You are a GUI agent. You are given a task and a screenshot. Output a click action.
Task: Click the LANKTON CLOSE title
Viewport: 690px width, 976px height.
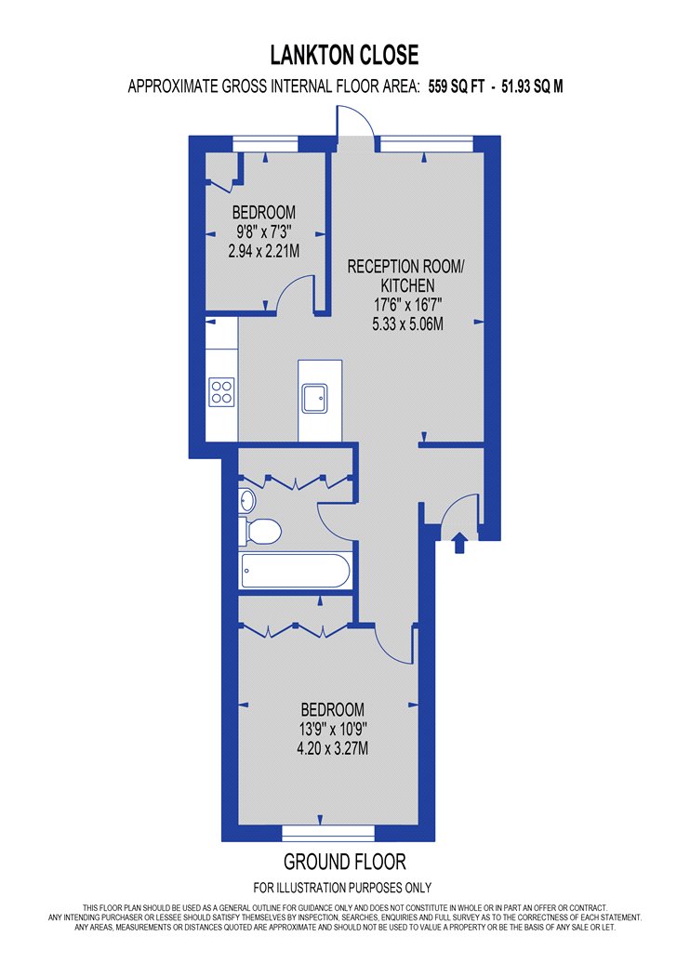click(344, 56)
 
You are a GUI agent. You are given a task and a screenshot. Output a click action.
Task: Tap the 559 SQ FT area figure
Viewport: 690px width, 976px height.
click(456, 86)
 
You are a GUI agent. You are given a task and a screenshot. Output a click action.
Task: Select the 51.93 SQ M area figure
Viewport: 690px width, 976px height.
click(532, 86)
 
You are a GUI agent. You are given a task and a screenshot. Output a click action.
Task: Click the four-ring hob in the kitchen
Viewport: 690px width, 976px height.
click(221, 392)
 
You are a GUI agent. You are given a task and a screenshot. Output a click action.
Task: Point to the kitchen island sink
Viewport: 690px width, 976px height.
click(315, 399)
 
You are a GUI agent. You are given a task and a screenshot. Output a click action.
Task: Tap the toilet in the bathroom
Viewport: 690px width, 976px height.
click(261, 531)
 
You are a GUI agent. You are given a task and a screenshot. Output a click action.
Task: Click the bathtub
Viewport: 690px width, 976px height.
click(295, 570)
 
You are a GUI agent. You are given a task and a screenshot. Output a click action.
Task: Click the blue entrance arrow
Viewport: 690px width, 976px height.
click(459, 542)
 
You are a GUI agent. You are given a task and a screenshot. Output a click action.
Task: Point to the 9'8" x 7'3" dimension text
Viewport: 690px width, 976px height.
click(263, 232)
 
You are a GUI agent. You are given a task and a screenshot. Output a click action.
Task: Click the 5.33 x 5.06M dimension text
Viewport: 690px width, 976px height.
click(408, 324)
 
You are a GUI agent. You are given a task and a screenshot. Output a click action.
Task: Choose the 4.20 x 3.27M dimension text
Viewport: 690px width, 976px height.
click(333, 748)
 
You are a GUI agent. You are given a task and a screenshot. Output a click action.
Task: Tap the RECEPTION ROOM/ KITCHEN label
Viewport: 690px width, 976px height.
click(406, 276)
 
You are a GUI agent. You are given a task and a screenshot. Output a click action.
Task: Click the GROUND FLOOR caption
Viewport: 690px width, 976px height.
click(345, 862)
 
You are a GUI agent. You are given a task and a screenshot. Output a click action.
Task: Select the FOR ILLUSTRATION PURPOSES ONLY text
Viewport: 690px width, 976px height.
click(342, 888)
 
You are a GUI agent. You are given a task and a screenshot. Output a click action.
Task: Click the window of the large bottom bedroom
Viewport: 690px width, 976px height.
click(329, 833)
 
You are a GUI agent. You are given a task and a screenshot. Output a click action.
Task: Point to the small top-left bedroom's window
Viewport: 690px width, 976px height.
click(266, 144)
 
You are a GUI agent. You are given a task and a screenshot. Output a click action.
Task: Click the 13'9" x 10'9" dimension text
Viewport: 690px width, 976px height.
click(333, 729)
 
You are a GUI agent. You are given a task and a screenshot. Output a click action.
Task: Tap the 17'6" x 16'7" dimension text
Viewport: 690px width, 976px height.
click(408, 305)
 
